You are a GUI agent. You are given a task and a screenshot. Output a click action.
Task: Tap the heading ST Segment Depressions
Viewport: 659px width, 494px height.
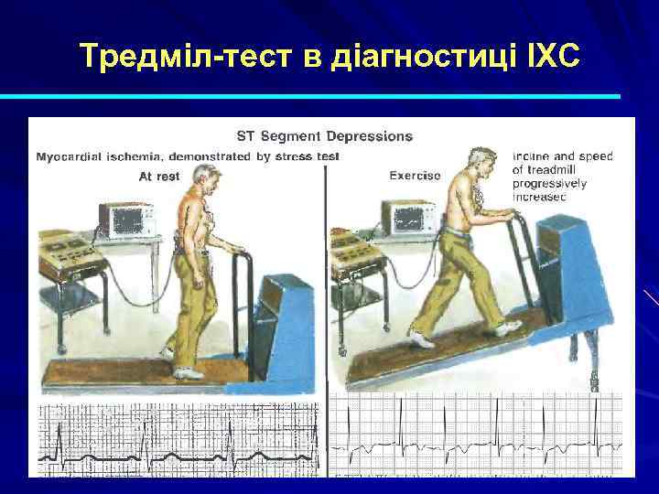324,136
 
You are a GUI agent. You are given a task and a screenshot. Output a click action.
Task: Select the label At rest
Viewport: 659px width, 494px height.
159,177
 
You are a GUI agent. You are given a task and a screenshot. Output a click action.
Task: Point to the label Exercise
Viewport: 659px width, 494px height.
415,175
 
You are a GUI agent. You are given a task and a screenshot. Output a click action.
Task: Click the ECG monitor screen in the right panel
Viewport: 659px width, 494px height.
408,217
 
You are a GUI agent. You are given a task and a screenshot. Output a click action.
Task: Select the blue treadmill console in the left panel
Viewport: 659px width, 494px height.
284,311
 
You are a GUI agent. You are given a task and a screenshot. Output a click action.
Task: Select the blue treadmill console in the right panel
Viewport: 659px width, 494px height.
577,274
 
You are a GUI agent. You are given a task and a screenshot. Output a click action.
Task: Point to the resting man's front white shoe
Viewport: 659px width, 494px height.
188,373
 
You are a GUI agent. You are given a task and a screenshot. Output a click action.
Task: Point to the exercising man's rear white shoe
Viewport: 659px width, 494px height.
422,339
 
